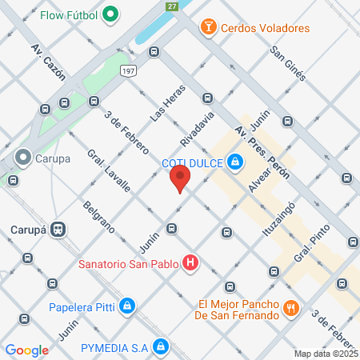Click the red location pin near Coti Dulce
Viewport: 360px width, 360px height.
point(182,178)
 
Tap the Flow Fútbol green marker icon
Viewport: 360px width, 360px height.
point(111,14)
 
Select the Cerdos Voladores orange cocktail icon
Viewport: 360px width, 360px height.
point(209,28)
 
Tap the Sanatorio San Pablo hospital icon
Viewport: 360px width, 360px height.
point(190,262)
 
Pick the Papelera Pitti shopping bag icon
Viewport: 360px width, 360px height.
point(127,305)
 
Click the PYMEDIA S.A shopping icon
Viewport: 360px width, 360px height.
point(161,346)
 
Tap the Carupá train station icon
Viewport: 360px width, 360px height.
point(57,229)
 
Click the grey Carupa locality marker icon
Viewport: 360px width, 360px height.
point(23,158)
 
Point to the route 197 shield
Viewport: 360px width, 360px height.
point(127,72)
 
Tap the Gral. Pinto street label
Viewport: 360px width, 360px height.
point(312,246)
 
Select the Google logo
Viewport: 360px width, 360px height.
point(27,350)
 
